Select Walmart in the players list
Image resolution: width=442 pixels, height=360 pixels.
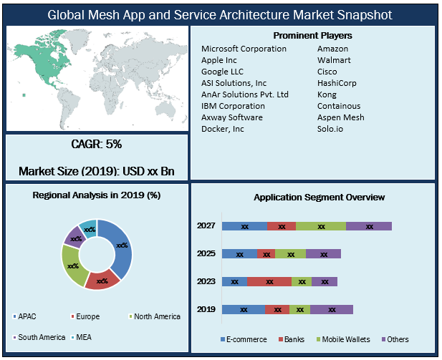[x=334, y=60]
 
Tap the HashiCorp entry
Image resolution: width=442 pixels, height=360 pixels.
[x=337, y=83]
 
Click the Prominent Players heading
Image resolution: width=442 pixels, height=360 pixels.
[x=313, y=35]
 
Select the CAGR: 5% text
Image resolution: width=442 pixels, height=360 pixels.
[x=97, y=144]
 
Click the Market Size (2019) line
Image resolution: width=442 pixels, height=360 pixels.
[x=97, y=172]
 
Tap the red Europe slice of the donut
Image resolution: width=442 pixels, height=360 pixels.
[x=102, y=280]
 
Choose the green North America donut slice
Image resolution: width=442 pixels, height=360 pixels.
[x=72, y=265]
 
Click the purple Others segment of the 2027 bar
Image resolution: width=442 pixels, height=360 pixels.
[x=369, y=226]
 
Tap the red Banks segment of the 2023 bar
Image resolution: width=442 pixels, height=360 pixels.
[x=269, y=282]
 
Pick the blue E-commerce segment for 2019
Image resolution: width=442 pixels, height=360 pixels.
[x=243, y=310]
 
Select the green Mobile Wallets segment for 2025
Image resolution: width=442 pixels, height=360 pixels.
[x=290, y=254]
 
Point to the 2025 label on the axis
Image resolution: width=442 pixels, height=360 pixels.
[x=206, y=254]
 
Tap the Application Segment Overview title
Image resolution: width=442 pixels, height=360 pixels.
[x=320, y=197]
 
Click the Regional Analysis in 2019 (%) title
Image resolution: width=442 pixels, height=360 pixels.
[x=97, y=195]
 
